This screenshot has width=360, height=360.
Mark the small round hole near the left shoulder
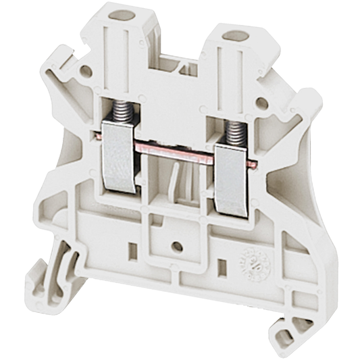[x=86, y=70]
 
